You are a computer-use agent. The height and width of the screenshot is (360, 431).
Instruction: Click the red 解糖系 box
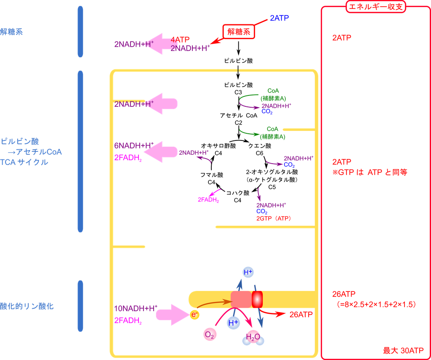239,32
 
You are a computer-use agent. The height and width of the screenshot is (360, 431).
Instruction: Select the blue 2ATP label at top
279,18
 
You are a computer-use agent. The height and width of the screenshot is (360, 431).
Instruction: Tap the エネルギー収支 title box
375,7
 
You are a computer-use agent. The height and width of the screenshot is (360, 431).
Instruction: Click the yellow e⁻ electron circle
194,315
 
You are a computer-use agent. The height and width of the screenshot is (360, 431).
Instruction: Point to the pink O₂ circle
210,335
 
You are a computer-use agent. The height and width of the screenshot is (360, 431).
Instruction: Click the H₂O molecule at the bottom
253,338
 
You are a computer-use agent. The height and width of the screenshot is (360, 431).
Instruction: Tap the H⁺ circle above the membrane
248,273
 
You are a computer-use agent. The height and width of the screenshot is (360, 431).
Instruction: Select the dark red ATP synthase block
257,299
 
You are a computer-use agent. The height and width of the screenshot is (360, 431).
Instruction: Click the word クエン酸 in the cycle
259,146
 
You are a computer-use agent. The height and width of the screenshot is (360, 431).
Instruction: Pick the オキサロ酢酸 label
218,146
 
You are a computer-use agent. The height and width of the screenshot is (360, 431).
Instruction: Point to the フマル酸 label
212,175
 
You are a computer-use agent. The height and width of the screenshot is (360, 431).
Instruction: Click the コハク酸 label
237,193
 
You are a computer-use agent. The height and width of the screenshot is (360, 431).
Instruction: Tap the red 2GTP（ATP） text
274,219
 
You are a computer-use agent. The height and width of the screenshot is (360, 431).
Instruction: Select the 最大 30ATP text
403,351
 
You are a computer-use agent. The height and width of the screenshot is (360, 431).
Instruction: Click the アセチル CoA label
239,116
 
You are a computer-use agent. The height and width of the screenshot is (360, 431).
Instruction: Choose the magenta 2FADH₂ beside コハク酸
208,200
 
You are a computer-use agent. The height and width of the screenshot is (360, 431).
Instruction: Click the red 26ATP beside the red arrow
301,315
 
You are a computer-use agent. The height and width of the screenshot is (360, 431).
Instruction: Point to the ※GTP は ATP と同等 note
370,172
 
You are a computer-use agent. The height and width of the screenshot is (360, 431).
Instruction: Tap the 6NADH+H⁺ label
134,146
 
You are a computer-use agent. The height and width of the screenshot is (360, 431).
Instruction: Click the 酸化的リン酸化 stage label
27,306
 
